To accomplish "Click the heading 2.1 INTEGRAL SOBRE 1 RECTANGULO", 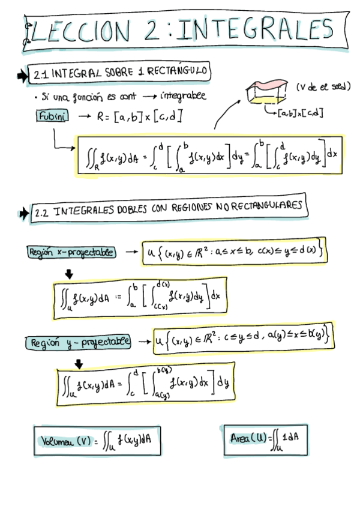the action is (x=119, y=74).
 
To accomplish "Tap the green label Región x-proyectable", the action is (x=71, y=251).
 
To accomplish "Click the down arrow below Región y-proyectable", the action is (x=79, y=363).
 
